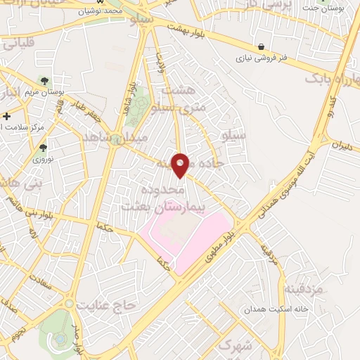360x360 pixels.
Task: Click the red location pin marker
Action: (x=181, y=165)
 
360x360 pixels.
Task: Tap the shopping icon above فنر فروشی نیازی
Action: (x=262, y=46)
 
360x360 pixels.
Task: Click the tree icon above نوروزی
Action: (x=44, y=148)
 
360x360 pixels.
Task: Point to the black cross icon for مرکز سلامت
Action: (x=7, y=116)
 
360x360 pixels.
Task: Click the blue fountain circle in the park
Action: (x=62, y=339)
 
